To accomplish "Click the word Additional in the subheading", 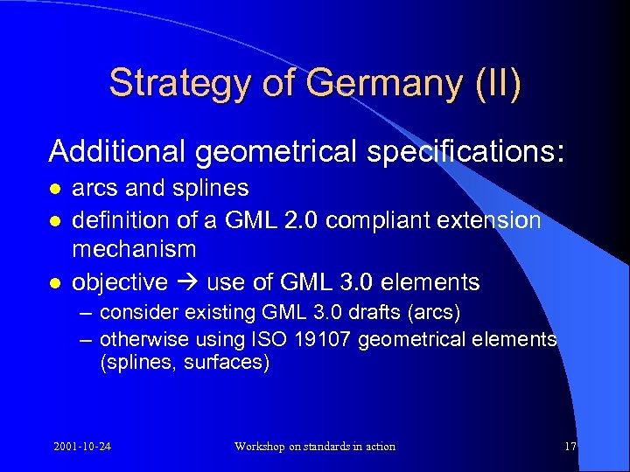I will [x=117, y=151].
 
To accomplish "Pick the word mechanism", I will [x=134, y=250].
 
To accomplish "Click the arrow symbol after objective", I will [x=183, y=282].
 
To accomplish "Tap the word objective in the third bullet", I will [x=119, y=282].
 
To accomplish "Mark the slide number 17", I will [x=570, y=447].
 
